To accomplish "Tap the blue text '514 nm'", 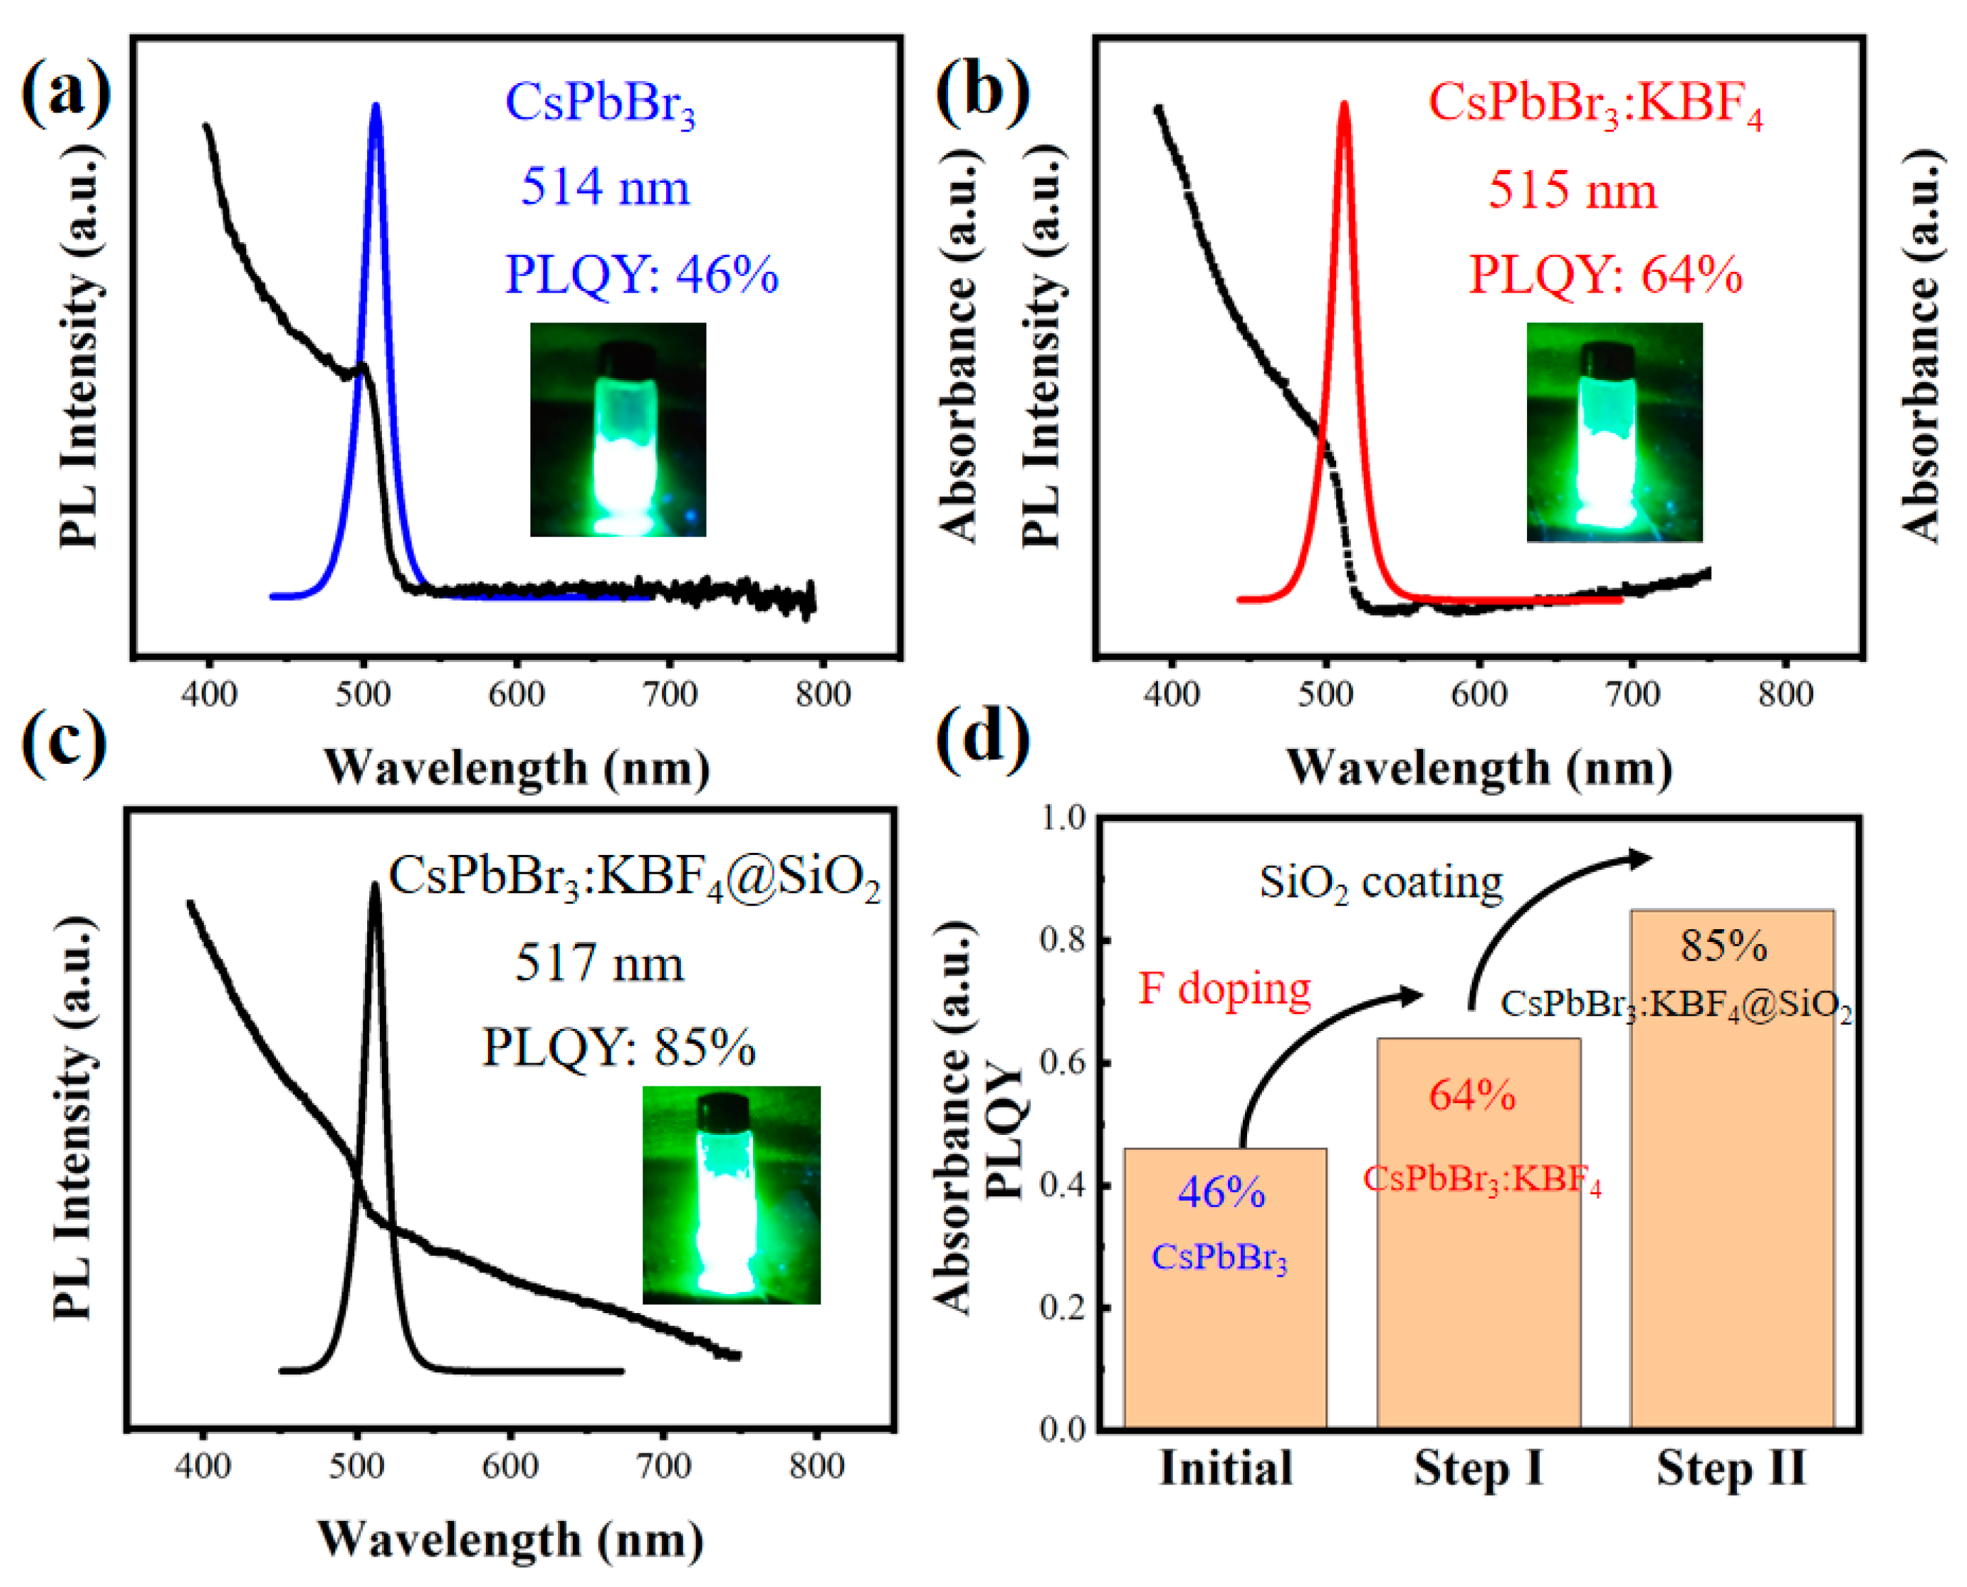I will [605, 188].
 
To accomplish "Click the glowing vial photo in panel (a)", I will [618, 430].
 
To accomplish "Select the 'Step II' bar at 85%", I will [1732, 1170].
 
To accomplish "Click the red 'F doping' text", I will [1225, 989].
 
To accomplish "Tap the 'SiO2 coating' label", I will [1380, 883].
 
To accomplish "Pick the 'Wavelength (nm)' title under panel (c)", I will [510, 1540].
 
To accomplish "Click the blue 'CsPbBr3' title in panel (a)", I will [600, 103].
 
